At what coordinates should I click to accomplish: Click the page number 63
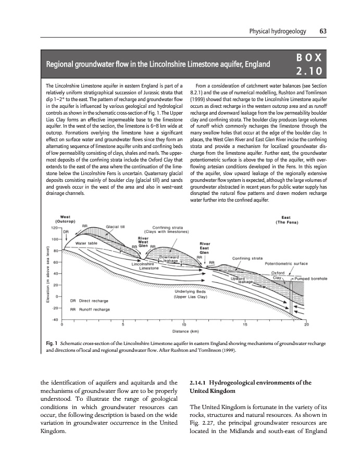coord(323,32)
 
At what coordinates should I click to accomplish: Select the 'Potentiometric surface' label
coord(285,264)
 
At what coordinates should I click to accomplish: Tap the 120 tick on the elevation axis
coord(54,228)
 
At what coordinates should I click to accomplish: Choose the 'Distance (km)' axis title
coord(185,331)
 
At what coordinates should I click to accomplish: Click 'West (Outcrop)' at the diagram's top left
coord(66,219)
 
